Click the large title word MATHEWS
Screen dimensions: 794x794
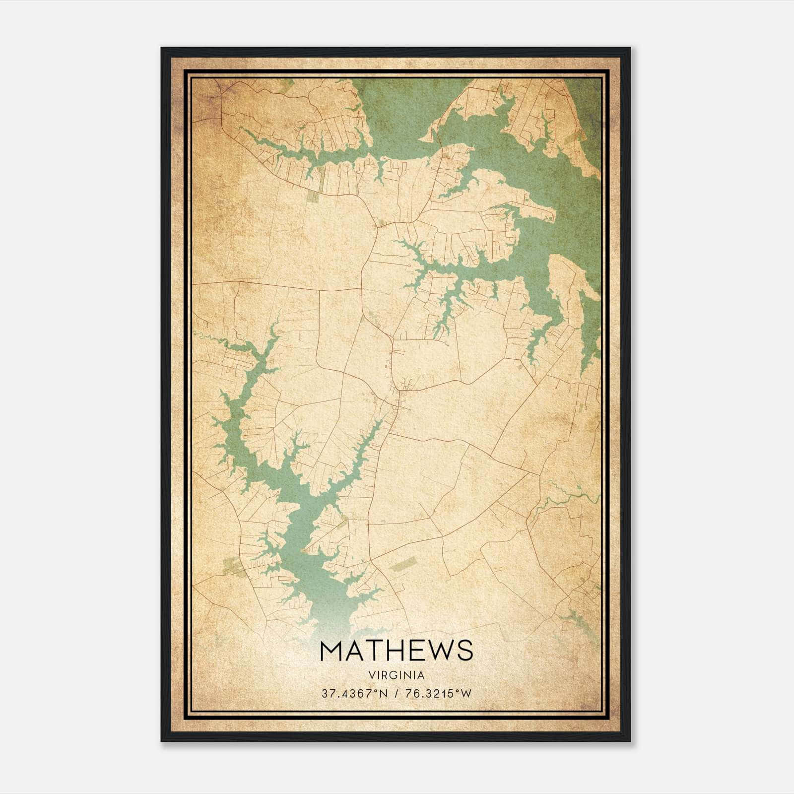click(397, 651)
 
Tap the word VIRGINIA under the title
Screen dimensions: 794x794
click(397, 675)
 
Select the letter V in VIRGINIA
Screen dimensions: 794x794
click(371, 675)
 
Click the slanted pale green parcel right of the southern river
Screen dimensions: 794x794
click(401, 564)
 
